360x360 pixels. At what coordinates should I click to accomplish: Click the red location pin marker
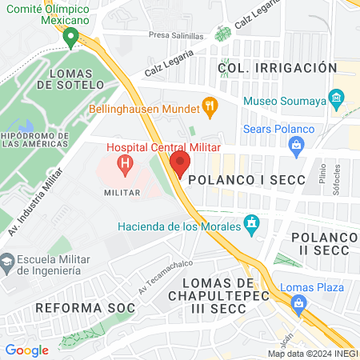[x=179, y=164]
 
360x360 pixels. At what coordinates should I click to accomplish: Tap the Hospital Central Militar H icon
[x=125, y=166]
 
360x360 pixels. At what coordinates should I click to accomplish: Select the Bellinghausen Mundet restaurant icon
[x=210, y=105]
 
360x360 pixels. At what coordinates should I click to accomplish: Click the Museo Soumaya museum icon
[x=337, y=102]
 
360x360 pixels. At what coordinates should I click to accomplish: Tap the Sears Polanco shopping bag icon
[x=297, y=145]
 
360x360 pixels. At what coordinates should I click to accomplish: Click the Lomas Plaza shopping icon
[x=299, y=303]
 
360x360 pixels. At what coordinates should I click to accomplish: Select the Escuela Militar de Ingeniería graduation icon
[x=7, y=261]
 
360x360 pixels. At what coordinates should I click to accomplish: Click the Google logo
[x=26, y=350]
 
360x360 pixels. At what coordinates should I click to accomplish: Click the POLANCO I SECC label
[x=246, y=180]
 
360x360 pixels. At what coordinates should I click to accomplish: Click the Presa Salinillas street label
[x=177, y=36]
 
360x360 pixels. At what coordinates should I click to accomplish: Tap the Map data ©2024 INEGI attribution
[x=313, y=354]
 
